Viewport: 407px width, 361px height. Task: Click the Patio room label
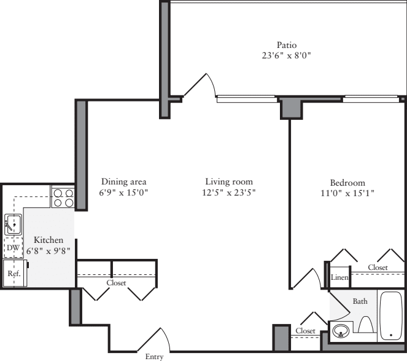click(286, 45)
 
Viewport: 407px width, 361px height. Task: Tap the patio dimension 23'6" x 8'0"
click(286, 55)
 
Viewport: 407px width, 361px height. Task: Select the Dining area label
click(124, 182)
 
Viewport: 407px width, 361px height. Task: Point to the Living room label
click(229, 182)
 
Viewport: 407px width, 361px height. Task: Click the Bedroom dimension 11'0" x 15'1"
click(347, 193)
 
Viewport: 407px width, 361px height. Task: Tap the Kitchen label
click(48, 240)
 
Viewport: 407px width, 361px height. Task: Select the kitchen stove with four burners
click(63, 197)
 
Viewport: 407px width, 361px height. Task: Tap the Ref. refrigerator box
click(13, 273)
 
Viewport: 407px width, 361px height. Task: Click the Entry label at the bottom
click(154, 356)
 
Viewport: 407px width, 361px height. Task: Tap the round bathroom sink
click(340, 333)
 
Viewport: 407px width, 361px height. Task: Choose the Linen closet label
click(339, 278)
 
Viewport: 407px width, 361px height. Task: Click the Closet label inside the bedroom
click(378, 268)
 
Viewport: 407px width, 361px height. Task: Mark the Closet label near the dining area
click(116, 283)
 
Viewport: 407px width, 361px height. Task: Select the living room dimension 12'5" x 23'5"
click(229, 192)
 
